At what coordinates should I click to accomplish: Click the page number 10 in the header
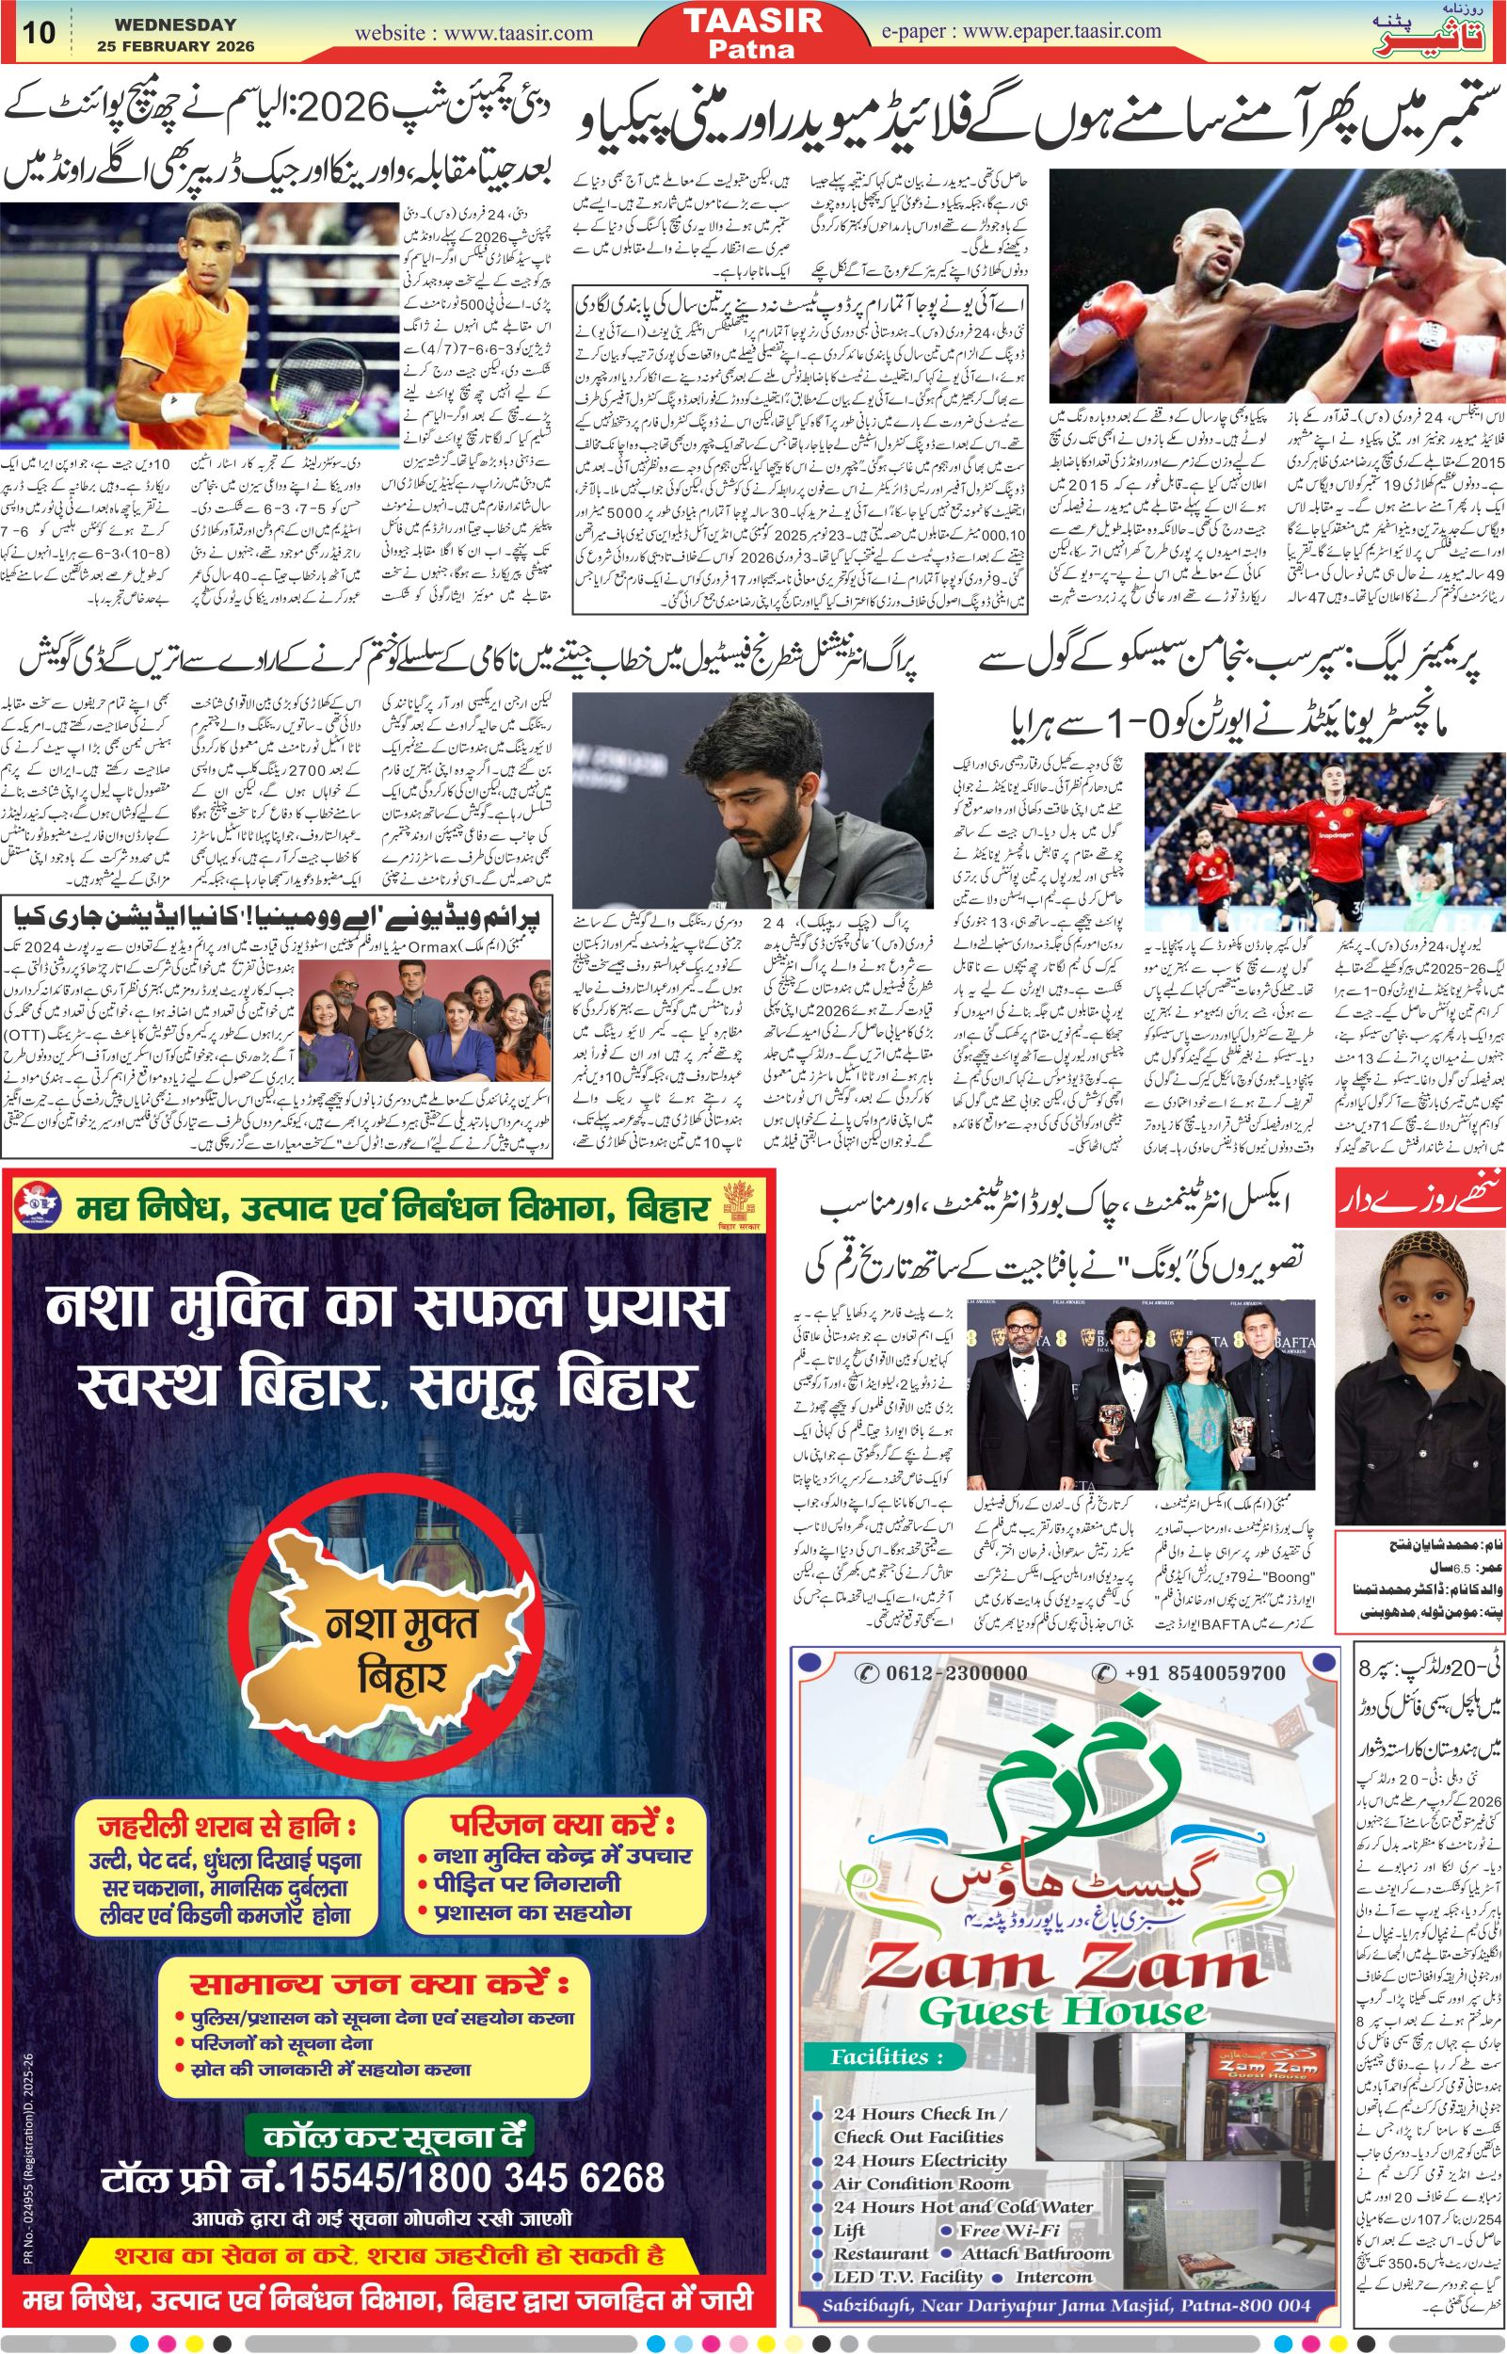(x=40, y=32)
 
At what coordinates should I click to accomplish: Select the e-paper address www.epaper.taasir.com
(x=1062, y=31)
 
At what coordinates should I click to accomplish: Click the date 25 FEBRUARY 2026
(x=176, y=46)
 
